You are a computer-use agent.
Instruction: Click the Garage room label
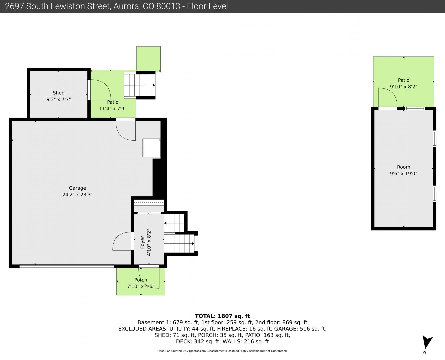(77, 188)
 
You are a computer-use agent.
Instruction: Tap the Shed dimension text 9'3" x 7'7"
(58, 99)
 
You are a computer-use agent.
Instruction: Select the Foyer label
(142, 242)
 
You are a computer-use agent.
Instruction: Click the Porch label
(141, 280)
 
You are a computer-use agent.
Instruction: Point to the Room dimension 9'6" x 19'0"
(403, 173)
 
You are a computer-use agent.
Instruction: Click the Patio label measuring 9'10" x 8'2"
(403, 80)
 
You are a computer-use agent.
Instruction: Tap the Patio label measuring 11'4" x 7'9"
(113, 102)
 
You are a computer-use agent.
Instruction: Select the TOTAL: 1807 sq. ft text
(222, 316)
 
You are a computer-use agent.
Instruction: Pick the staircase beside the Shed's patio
(140, 85)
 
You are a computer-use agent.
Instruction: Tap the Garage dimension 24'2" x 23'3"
(77, 195)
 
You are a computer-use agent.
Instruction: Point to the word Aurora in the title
(127, 6)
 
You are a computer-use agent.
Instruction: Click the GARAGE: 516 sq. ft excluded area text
(300, 329)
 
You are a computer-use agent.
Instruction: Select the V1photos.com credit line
(222, 351)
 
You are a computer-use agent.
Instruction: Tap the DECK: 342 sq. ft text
(198, 341)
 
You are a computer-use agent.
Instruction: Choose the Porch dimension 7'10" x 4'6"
(141, 286)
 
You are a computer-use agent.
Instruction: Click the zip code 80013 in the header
(168, 6)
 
